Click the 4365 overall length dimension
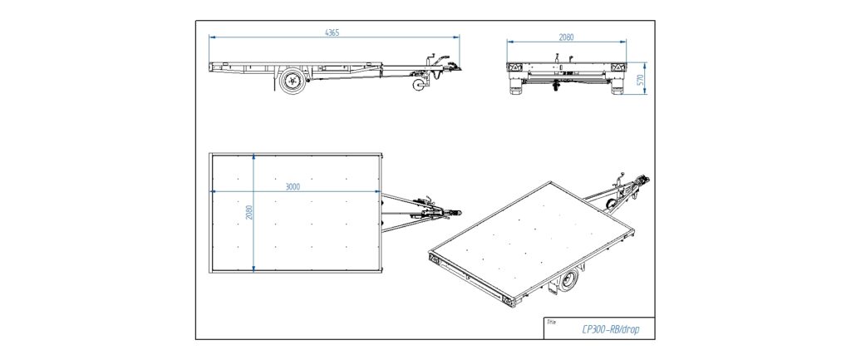pos(332,32)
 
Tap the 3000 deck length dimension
pos(293,186)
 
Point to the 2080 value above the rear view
pos(566,37)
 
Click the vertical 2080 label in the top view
pos(249,212)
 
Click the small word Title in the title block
pos(552,322)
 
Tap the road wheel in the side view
pos(293,81)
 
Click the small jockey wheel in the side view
pos(419,86)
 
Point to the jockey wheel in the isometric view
pos(612,205)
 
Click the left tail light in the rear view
pos(514,67)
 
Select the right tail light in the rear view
pos(617,67)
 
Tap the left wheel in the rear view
pos(516,87)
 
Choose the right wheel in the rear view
pos(617,87)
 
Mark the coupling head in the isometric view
pos(645,180)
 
